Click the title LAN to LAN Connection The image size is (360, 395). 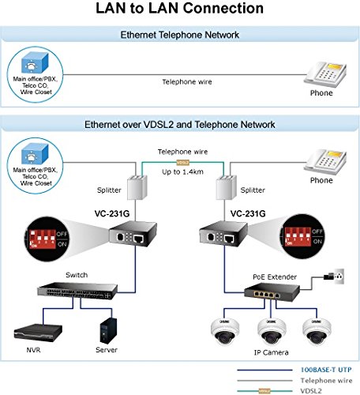click(179, 9)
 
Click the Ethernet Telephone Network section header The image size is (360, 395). click(180, 36)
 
